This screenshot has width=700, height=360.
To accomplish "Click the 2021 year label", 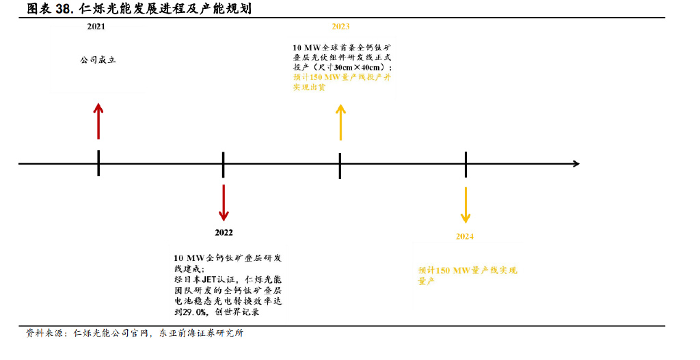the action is [96, 27].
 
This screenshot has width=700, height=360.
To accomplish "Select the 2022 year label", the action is [224, 232].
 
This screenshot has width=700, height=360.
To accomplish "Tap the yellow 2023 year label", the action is [340, 27].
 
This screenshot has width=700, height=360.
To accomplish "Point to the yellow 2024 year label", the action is [465, 236].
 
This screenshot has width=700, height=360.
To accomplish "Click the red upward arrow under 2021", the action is [98, 122].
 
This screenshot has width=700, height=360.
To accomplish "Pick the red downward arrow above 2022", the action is [224, 203].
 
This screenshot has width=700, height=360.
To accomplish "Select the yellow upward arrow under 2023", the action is [340, 123].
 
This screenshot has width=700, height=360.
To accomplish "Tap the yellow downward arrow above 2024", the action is [466, 205].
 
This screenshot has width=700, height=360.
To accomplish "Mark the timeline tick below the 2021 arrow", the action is [98, 163].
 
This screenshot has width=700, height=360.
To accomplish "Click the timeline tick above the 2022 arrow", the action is [224, 165].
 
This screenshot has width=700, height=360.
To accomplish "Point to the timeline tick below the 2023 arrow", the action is [340, 166].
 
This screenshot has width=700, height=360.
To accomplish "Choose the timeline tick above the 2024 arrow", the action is [466, 165].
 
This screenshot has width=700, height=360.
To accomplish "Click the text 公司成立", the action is [98, 60].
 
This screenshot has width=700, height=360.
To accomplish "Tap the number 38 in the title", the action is [64, 9].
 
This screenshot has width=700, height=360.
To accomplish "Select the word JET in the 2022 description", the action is [209, 279].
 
